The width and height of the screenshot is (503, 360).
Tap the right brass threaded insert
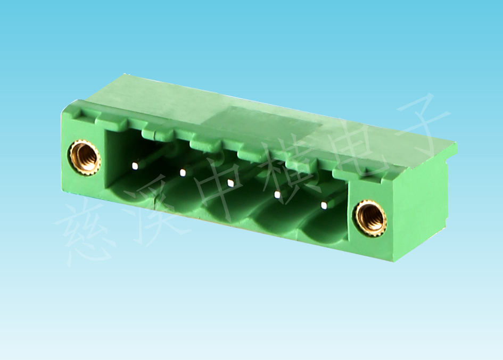[x=371, y=219]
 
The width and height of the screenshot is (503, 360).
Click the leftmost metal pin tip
[x=135, y=165]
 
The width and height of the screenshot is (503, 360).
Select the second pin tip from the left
[x=183, y=173]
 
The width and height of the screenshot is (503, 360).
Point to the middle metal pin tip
[x=230, y=183]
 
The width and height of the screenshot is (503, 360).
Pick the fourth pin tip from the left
[x=277, y=194]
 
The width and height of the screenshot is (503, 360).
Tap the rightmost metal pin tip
[x=324, y=205]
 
